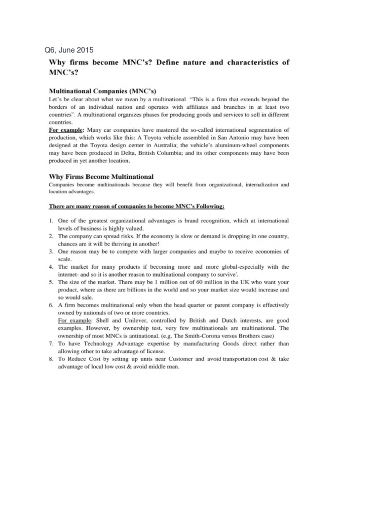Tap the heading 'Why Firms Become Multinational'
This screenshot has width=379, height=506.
click(101, 176)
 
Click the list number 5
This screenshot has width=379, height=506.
click(51, 282)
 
